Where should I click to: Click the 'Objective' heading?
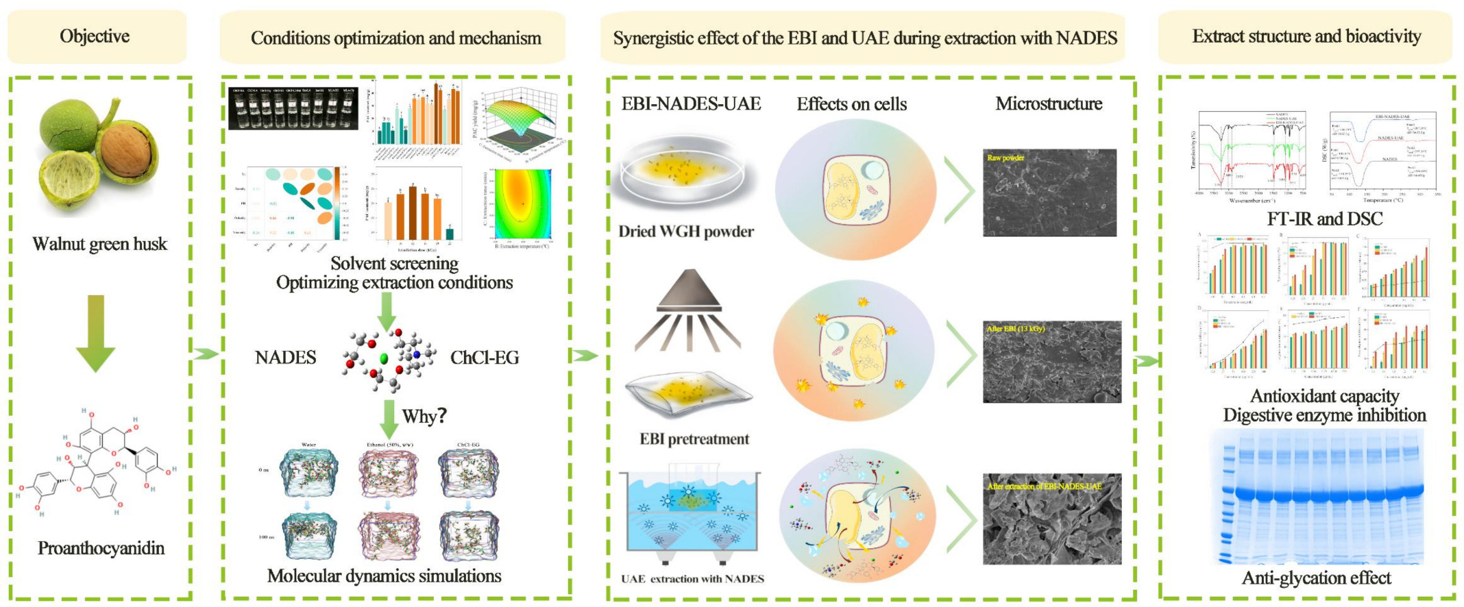pyautogui.click(x=95, y=36)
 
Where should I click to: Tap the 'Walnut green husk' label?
pyautogui.click(x=99, y=244)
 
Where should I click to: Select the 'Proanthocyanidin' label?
pyautogui.click(x=101, y=548)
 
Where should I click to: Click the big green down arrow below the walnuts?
pyautogui.click(x=95, y=332)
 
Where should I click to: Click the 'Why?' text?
pyautogui.click(x=424, y=416)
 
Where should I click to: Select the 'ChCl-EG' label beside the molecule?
pyautogui.click(x=484, y=358)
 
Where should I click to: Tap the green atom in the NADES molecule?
pyautogui.click(x=384, y=358)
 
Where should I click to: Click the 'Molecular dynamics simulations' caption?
pyautogui.click(x=384, y=576)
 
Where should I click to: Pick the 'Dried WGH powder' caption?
pyautogui.click(x=686, y=232)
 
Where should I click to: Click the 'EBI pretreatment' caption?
pyautogui.click(x=694, y=439)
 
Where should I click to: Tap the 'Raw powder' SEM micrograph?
pyautogui.click(x=1049, y=193)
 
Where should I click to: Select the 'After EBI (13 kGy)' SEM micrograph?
pyautogui.click(x=1051, y=361)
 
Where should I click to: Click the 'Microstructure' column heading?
pyautogui.click(x=1049, y=104)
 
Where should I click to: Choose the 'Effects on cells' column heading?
pyautogui.click(x=851, y=104)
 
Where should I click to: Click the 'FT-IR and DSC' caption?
pyautogui.click(x=1324, y=219)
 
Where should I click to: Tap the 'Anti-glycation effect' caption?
pyautogui.click(x=1316, y=578)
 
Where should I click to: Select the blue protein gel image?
pyautogui.click(x=1322, y=496)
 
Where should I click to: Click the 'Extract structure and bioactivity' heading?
pyautogui.click(x=1306, y=36)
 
